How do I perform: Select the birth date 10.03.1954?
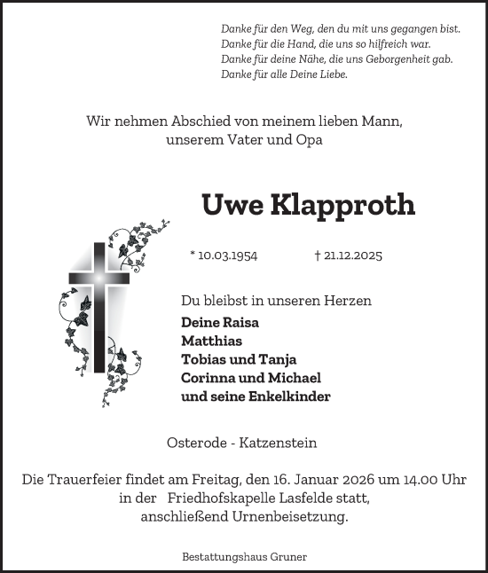click(x=227, y=255)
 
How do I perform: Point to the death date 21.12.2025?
click(x=352, y=255)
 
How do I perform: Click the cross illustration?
click(x=98, y=302)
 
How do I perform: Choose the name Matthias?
click(x=211, y=341)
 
